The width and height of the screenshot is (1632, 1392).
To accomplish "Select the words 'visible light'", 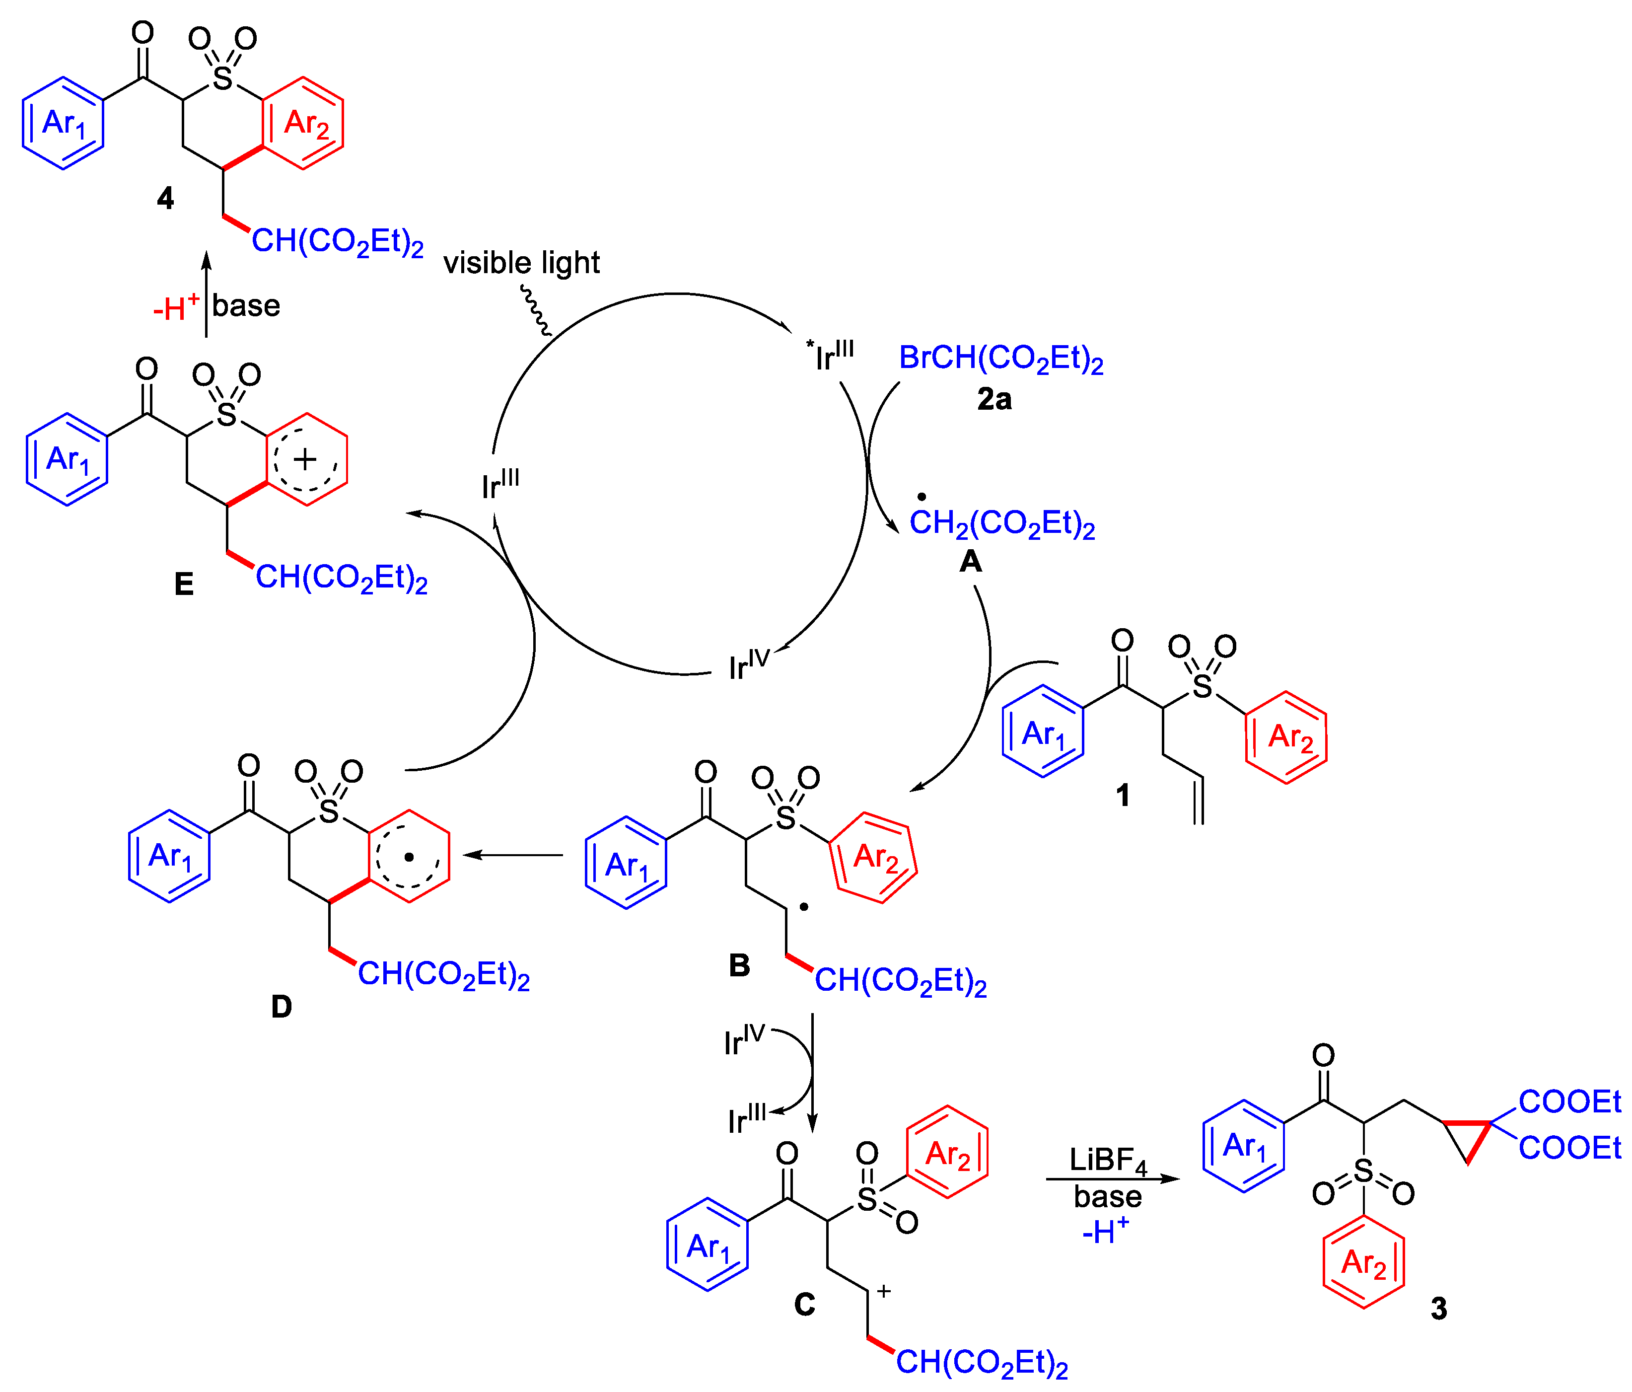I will pyautogui.click(x=521, y=262).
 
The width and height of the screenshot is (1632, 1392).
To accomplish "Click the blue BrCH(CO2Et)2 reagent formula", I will pyautogui.click(x=1000, y=359).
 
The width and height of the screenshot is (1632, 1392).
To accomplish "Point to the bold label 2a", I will pyautogui.click(x=994, y=399).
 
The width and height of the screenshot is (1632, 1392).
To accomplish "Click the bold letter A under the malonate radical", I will pyautogui.click(x=970, y=561).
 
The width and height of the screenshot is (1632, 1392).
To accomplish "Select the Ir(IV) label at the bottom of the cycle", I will pyautogui.click(x=748, y=664).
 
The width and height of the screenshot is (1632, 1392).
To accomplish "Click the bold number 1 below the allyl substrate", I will pyautogui.click(x=1123, y=795).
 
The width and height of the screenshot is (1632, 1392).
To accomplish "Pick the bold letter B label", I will pyautogui.click(x=739, y=965).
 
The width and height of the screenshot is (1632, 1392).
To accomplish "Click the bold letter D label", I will pyautogui.click(x=281, y=1006).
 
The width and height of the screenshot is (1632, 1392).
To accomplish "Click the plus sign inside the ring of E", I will pyautogui.click(x=305, y=459).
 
